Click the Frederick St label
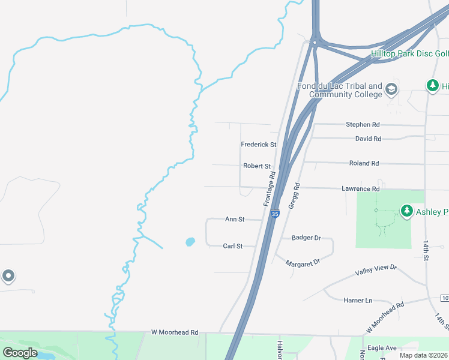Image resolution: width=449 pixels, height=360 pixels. tap(258, 145)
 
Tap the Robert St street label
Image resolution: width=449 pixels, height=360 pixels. tap(257, 166)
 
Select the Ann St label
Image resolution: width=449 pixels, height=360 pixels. tap(235, 220)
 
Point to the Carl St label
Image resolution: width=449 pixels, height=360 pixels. tap(233, 246)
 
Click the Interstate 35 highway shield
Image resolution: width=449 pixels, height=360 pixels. tap(275, 214)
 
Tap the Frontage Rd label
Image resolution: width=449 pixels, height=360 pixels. tap(270, 188)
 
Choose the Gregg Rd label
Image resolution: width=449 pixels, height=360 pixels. tap(294, 196)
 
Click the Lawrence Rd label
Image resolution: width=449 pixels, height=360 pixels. tap(361, 189)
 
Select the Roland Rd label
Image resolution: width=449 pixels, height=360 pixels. tap(364, 163)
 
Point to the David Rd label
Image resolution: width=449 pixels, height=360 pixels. tap(368, 139)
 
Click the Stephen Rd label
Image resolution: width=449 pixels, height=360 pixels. tap(363, 125)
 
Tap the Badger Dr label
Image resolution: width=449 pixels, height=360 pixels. tap(306, 238)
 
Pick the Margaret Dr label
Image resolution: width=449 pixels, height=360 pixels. tap(303, 262)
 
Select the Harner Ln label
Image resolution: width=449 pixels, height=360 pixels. tap(358, 300)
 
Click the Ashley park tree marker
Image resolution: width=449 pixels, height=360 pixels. tap(408, 211)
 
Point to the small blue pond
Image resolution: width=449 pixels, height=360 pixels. tap(190, 242)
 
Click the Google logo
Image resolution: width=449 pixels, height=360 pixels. tap(20, 353)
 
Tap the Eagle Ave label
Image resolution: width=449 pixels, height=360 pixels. tap(382, 348)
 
